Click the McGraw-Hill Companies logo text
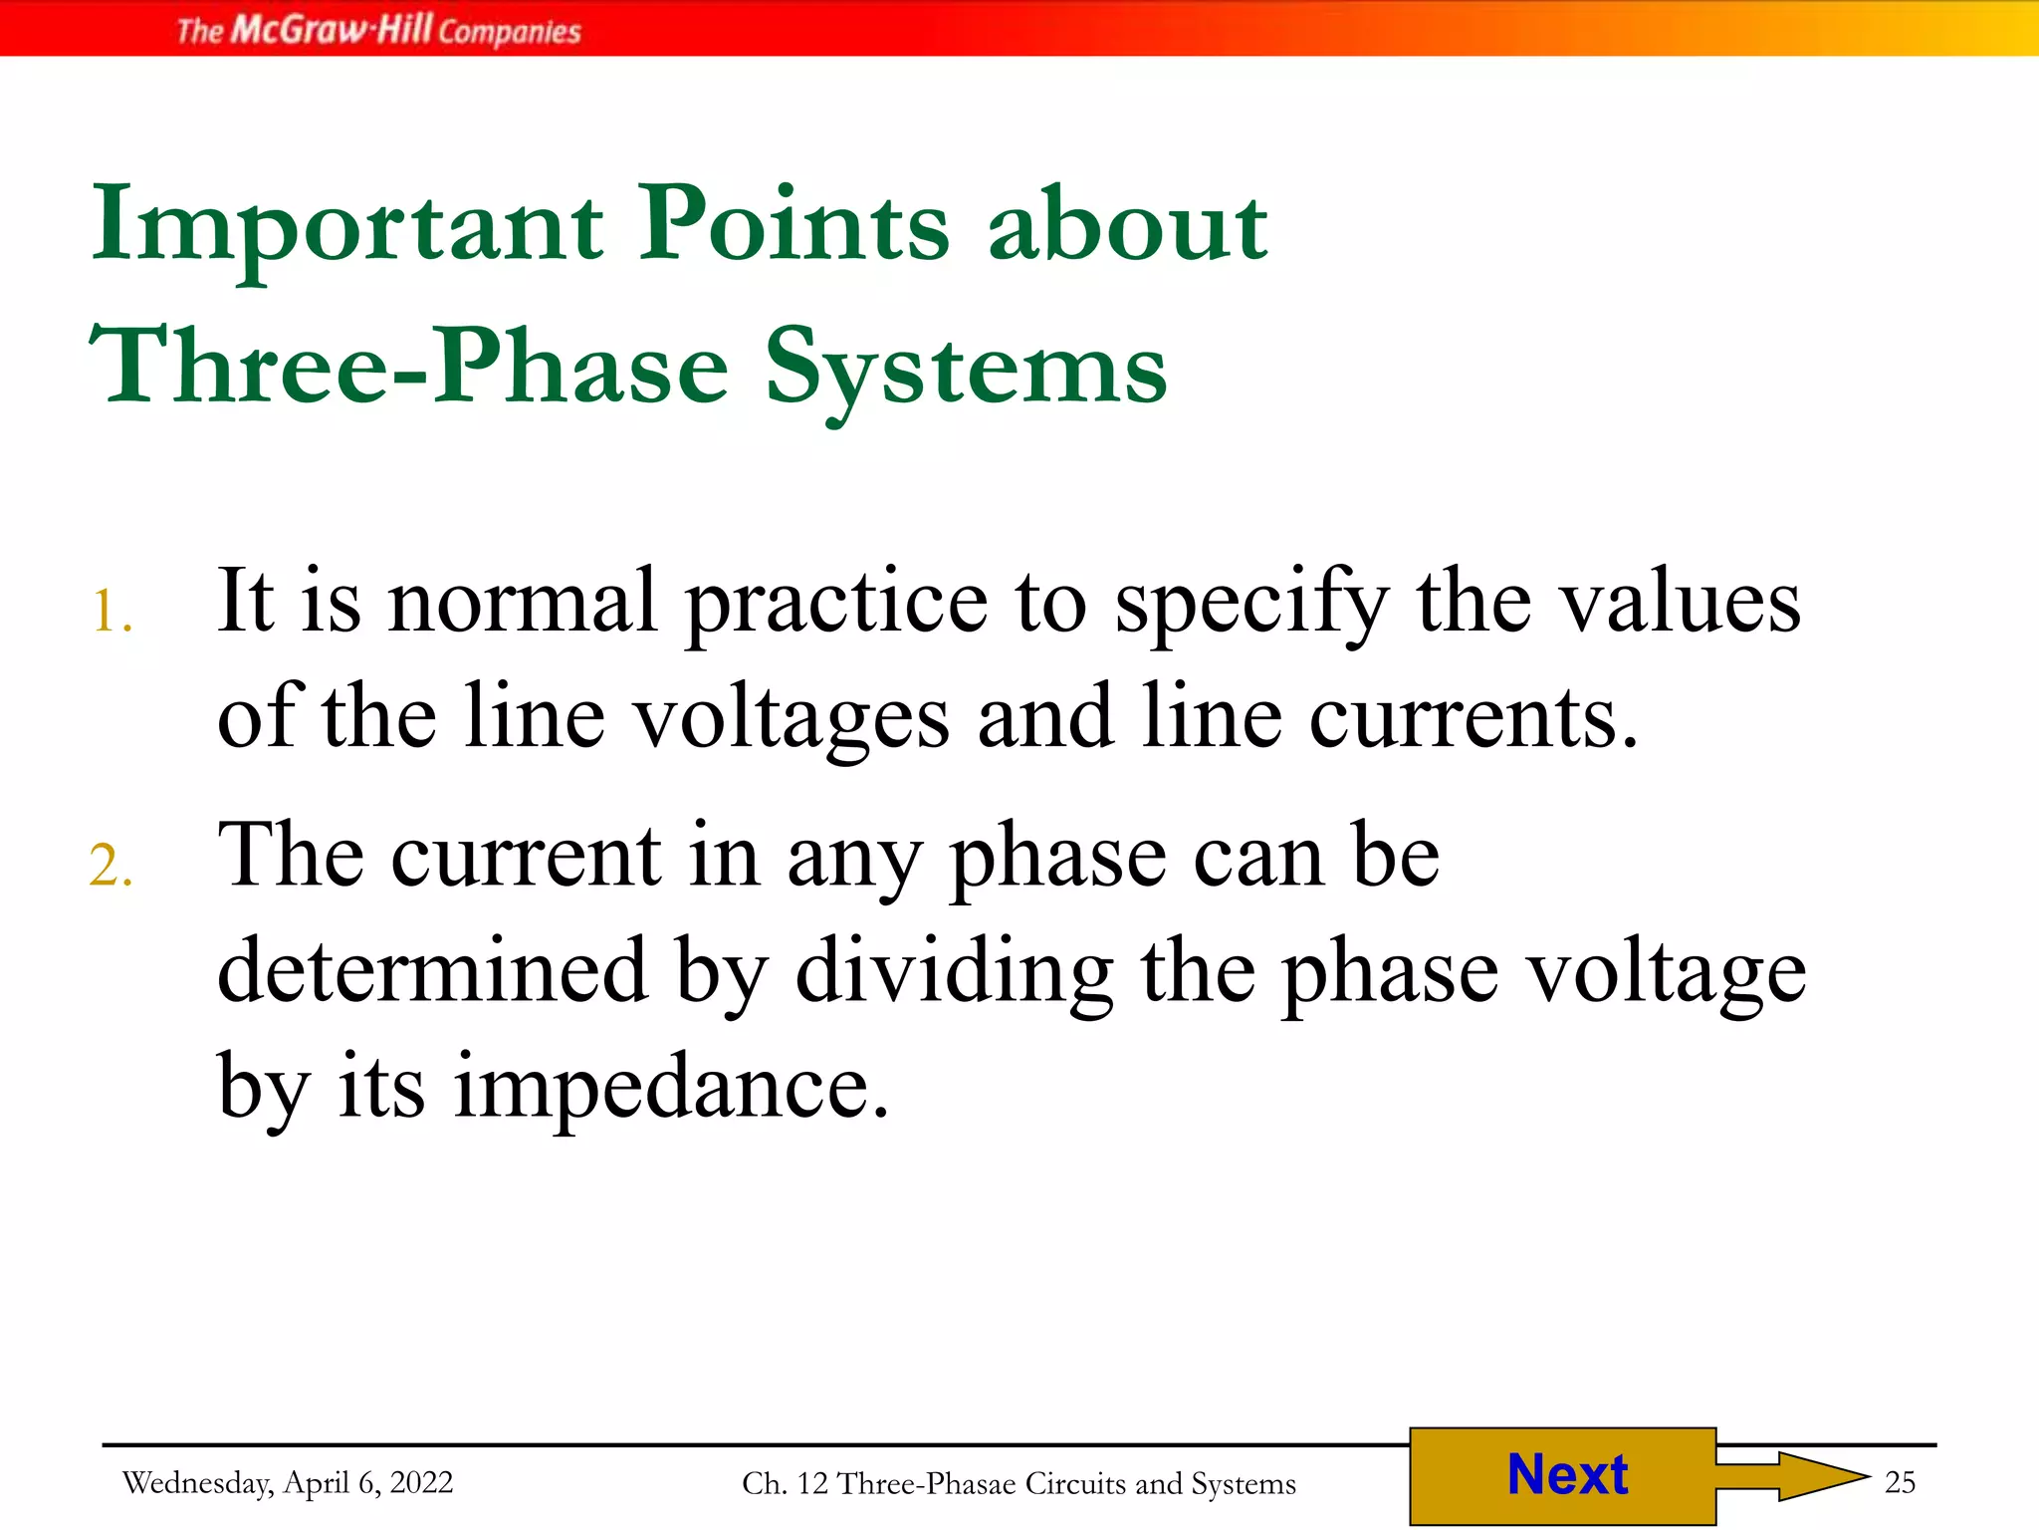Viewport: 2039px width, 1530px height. click(x=378, y=30)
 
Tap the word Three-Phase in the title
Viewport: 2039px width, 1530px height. click(x=409, y=368)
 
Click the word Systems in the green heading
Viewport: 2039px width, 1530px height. click(x=966, y=368)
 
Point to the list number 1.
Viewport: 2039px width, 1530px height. click(x=112, y=612)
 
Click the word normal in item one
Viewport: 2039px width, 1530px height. click(x=523, y=602)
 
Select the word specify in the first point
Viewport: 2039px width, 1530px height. click(x=1250, y=602)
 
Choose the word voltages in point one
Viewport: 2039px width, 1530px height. click(x=792, y=717)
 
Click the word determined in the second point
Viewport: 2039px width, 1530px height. click(x=432, y=971)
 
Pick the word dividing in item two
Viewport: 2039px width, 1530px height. click(x=954, y=971)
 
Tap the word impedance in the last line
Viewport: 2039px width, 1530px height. click(x=671, y=1086)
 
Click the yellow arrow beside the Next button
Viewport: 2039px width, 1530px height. click(x=1792, y=1475)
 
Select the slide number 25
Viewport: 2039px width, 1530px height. click(x=1900, y=1483)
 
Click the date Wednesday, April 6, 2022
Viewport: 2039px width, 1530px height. click(x=288, y=1483)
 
